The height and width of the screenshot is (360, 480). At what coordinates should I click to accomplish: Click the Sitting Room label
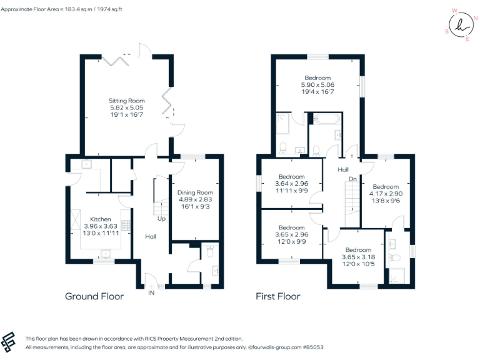[x=127, y=101]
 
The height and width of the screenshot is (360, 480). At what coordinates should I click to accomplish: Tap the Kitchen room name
[x=101, y=219]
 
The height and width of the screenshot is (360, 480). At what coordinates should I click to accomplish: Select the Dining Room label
[x=195, y=192]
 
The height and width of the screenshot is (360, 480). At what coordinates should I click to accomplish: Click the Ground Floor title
[x=94, y=296]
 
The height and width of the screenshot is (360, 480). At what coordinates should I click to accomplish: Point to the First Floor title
[x=277, y=296]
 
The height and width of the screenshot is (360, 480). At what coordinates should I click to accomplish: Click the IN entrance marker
[x=151, y=292]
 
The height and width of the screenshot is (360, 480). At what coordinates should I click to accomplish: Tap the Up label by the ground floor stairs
[x=162, y=219]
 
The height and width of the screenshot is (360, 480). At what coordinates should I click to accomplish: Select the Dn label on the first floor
[x=352, y=179]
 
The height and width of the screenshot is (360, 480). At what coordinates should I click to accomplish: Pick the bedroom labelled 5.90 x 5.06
[x=318, y=77]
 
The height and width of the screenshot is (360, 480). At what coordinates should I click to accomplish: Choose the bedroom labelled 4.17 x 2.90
[x=386, y=187]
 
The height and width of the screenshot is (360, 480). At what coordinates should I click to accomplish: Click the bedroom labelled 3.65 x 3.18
[x=358, y=250]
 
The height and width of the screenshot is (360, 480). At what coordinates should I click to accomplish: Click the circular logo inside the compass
[x=460, y=26]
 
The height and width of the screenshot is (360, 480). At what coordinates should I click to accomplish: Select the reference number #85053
[x=311, y=346]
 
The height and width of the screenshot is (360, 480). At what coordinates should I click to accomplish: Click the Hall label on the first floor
[x=343, y=169]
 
